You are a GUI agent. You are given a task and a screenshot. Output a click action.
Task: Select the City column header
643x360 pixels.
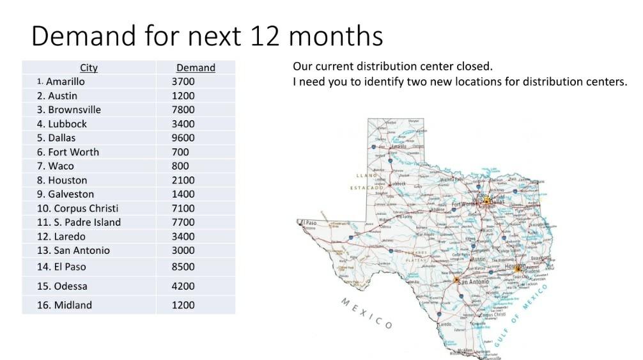click(x=89, y=68)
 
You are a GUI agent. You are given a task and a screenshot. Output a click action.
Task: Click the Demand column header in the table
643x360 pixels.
click(x=196, y=68)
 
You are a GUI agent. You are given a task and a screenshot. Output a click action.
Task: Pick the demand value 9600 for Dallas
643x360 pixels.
click(x=183, y=138)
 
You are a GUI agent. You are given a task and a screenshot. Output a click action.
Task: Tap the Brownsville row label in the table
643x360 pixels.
click(x=69, y=110)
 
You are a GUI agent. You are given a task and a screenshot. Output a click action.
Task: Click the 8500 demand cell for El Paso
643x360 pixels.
click(x=183, y=267)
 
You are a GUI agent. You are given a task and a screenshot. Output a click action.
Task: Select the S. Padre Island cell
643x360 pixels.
click(x=79, y=223)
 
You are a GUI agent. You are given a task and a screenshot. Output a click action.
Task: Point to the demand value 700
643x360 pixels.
click(x=180, y=152)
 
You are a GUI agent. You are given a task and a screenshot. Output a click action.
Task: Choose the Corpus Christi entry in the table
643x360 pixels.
click(x=77, y=208)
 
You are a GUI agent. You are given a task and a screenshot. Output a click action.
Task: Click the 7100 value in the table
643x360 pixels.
click(x=183, y=208)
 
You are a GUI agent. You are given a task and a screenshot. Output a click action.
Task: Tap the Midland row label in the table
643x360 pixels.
click(x=65, y=305)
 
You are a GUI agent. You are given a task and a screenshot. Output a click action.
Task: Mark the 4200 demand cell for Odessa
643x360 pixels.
click(x=183, y=286)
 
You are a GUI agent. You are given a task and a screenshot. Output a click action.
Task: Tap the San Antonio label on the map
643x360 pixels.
click(x=474, y=281)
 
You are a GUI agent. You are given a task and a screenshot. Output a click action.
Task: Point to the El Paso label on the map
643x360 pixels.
click(x=309, y=222)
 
